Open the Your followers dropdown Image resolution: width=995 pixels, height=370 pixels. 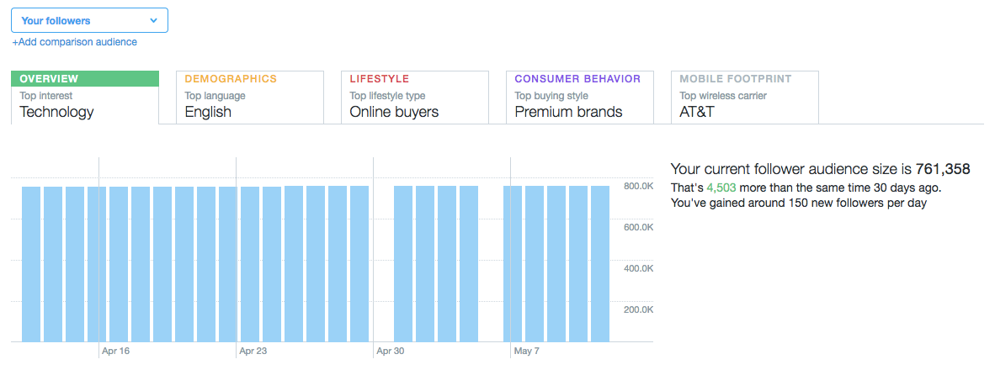pyautogui.click(x=89, y=20)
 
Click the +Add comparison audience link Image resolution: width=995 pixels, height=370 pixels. pyautogui.click(x=74, y=42)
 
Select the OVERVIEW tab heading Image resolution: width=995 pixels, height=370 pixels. pyautogui.click(x=49, y=79)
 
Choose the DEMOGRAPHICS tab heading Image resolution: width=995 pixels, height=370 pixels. pyautogui.click(x=231, y=79)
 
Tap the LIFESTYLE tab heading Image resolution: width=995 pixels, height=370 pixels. pyautogui.click(x=379, y=79)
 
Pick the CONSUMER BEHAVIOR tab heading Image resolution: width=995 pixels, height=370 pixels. pyautogui.click(x=577, y=79)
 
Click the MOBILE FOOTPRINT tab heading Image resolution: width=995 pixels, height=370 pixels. pyautogui.click(x=736, y=79)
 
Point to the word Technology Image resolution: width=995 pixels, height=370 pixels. pyautogui.click(x=56, y=112)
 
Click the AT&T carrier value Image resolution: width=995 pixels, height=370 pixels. pyautogui.click(x=697, y=112)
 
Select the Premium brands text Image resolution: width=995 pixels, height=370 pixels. pyautogui.click(x=568, y=112)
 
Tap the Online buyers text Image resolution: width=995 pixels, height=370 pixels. pyautogui.click(x=394, y=112)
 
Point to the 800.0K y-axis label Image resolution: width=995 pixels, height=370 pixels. pyautogui.click(x=638, y=186)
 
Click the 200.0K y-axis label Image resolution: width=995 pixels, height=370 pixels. pyautogui.click(x=638, y=309)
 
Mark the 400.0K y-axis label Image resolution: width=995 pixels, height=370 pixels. pyautogui.click(x=638, y=268)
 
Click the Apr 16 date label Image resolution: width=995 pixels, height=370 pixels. pyautogui.click(x=115, y=351)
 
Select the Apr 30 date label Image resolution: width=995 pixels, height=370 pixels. pyautogui.click(x=391, y=351)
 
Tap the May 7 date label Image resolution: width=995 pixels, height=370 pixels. pyautogui.click(x=527, y=351)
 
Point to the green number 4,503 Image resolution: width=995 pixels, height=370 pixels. pyautogui.click(x=722, y=188)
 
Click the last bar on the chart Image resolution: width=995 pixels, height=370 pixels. pyautogui.click(x=599, y=264)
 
